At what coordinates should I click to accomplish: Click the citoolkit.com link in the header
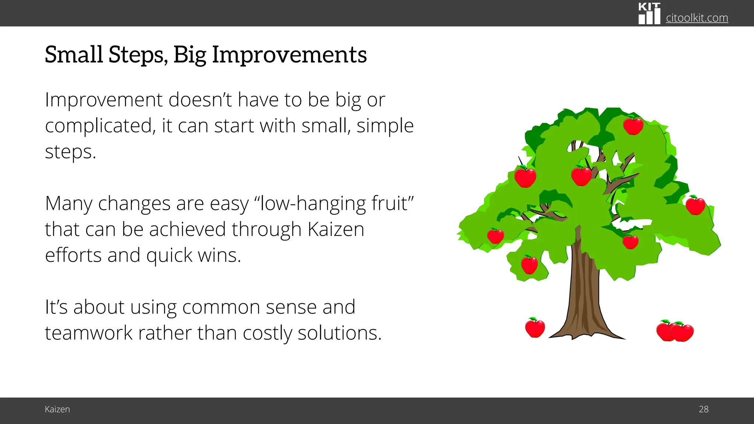[697, 18]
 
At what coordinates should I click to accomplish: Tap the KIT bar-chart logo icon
[649, 14]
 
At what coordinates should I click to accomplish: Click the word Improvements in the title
[289, 54]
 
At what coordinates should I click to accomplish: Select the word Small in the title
[74, 54]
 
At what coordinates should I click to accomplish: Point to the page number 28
[703, 409]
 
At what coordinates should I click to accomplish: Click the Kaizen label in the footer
[57, 409]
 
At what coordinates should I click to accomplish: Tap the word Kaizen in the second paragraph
[335, 229]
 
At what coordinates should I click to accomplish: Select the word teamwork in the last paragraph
[88, 333]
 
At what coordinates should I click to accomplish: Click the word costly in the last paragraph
[267, 333]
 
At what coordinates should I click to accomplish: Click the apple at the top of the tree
[633, 126]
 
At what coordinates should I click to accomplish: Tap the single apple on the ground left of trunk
[535, 328]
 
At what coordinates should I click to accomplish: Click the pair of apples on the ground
[674, 331]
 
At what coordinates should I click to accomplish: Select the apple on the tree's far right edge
[695, 206]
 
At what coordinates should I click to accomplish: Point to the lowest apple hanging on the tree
[529, 265]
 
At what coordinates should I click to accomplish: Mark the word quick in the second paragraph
[169, 255]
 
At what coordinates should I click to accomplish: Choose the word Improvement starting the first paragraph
[103, 100]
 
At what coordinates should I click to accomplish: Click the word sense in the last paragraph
[291, 307]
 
